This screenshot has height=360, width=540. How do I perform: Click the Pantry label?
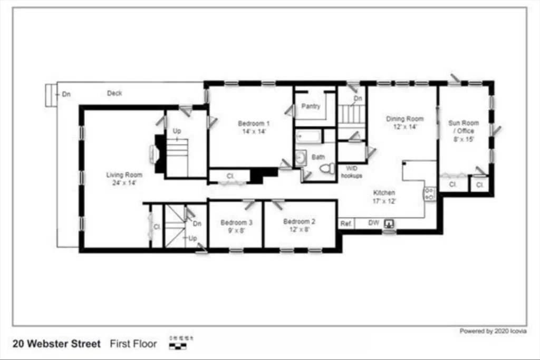click(x=311, y=106)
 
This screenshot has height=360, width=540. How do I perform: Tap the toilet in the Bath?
click(x=327, y=168)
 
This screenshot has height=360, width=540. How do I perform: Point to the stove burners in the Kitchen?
click(x=430, y=193)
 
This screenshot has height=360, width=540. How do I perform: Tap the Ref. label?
click(x=346, y=223)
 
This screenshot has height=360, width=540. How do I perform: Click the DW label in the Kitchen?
click(x=373, y=223)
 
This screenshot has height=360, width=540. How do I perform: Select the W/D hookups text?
click(x=351, y=172)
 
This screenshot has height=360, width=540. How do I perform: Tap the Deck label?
click(x=114, y=93)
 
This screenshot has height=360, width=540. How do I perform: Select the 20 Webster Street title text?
click(x=56, y=344)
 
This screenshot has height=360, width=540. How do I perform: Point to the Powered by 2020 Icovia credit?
click(x=493, y=331)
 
